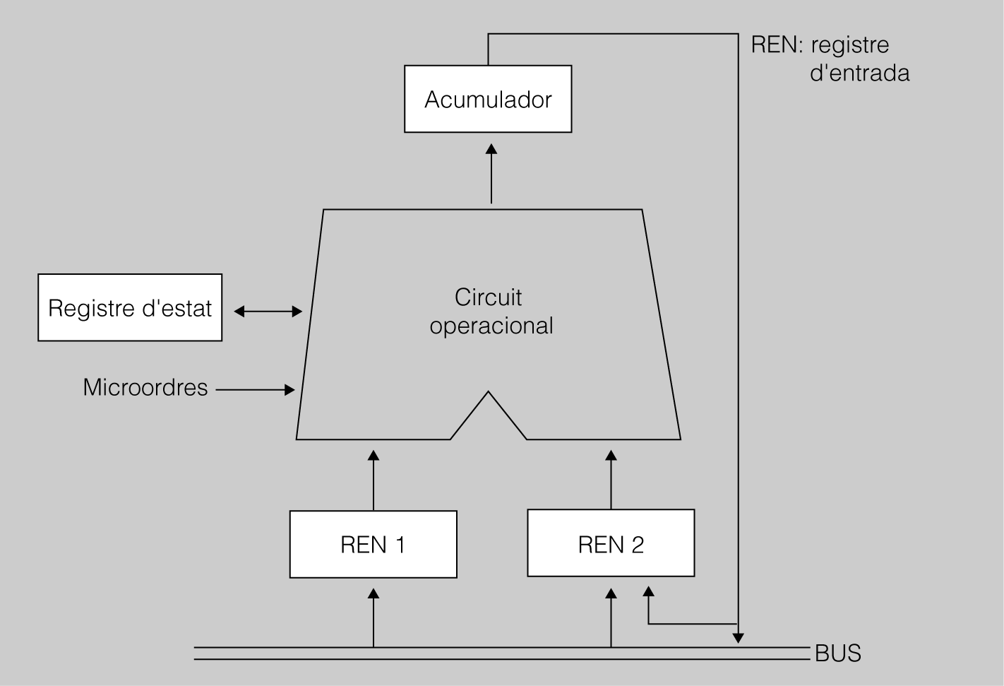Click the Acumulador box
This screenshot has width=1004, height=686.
tap(487, 99)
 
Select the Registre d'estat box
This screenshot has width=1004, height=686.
tap(130, 308)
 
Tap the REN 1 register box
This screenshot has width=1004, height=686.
tap(373, 545)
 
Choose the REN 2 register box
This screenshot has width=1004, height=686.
tap(611, 544)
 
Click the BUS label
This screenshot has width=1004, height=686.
tap(838, 654)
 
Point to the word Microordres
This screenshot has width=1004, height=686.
tap(145, 388)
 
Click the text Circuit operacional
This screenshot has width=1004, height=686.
tap(491, 312)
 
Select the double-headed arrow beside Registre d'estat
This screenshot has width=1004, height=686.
tap(268, 311)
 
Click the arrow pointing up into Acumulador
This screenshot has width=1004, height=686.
tap(491, 173)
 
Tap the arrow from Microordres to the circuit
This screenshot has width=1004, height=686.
tap(255, 389)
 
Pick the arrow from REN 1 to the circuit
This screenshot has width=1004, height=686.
tap(373, 479)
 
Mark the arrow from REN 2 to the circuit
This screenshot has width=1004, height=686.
tap(611, 479)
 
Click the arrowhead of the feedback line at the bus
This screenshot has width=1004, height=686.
tap(738, 637)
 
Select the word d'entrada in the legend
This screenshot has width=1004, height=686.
tap(859, 73)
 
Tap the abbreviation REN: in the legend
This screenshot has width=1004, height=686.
tap(777, 45)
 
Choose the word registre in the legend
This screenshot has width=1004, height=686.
tap(849, 45)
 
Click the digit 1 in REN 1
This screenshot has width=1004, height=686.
tap(399, 545)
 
